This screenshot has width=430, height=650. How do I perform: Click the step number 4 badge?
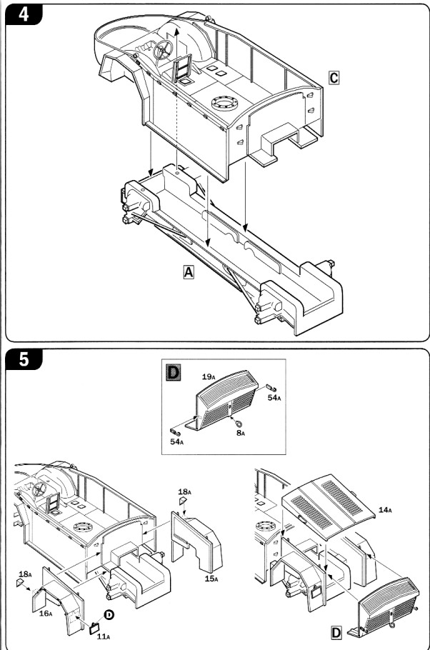24,14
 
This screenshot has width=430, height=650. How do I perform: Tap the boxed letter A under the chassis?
189,272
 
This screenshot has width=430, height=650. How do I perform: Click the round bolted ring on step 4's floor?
225,105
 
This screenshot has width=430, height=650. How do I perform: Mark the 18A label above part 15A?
184,493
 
